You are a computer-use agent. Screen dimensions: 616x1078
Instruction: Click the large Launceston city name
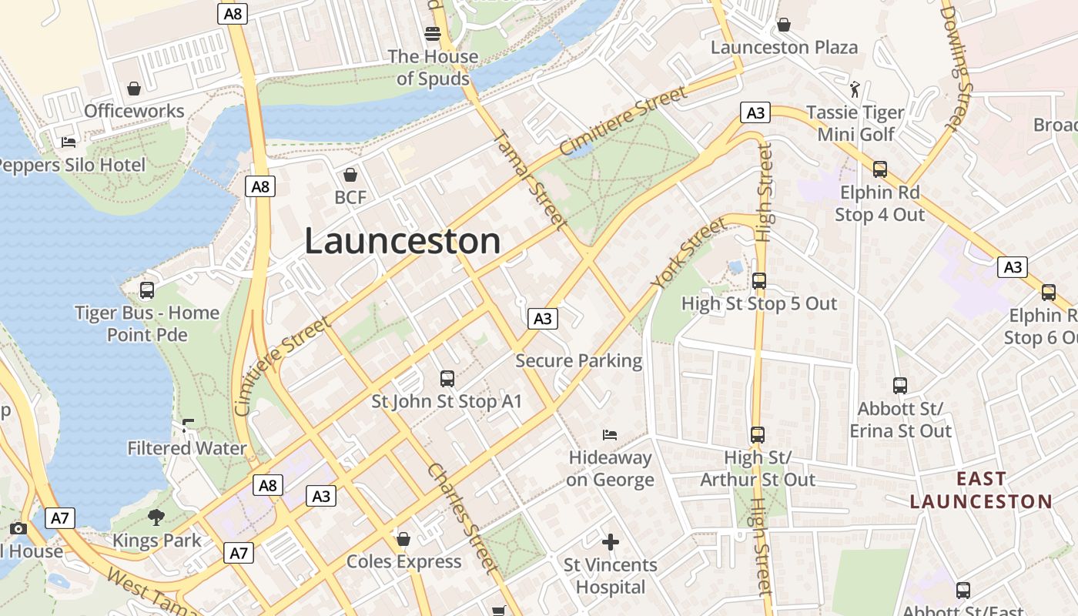[x=403, y=241]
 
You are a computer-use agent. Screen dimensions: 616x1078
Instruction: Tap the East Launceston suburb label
[x=981, y=490]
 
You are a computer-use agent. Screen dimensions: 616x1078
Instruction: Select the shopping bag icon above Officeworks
[x=134, y=89]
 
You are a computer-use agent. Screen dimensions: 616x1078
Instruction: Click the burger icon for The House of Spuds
[x=433, y=34]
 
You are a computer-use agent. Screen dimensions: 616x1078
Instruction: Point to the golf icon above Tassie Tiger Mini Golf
[x=855, y=89]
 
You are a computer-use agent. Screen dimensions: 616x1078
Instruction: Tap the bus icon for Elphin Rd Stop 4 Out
[x=880, y=169]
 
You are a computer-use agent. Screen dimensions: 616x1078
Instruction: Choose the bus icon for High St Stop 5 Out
[x=759, y=281]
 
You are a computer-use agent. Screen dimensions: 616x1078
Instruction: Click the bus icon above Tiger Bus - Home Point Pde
[x=146, y=290]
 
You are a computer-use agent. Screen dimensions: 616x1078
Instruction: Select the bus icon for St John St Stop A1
[x=447, y=378]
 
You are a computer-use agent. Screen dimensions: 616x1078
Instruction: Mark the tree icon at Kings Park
[x=156, y=517]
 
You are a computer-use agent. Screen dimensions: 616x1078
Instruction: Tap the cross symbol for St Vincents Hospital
[x=611, y=542]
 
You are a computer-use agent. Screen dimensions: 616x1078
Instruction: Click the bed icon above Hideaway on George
[x=610, y=435]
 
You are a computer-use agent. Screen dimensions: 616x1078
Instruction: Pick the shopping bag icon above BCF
[x=350, y=175]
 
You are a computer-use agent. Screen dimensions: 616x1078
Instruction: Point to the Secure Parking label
[x=578, y=360]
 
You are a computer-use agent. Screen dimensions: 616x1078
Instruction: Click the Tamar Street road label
[x=528, y=178]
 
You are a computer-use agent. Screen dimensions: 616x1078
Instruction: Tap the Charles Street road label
[x=461, y=517]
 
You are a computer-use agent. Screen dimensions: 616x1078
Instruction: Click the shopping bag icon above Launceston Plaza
[x=783, y=25]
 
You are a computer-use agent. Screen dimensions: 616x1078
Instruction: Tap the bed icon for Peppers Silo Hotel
[x=69, y=142]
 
